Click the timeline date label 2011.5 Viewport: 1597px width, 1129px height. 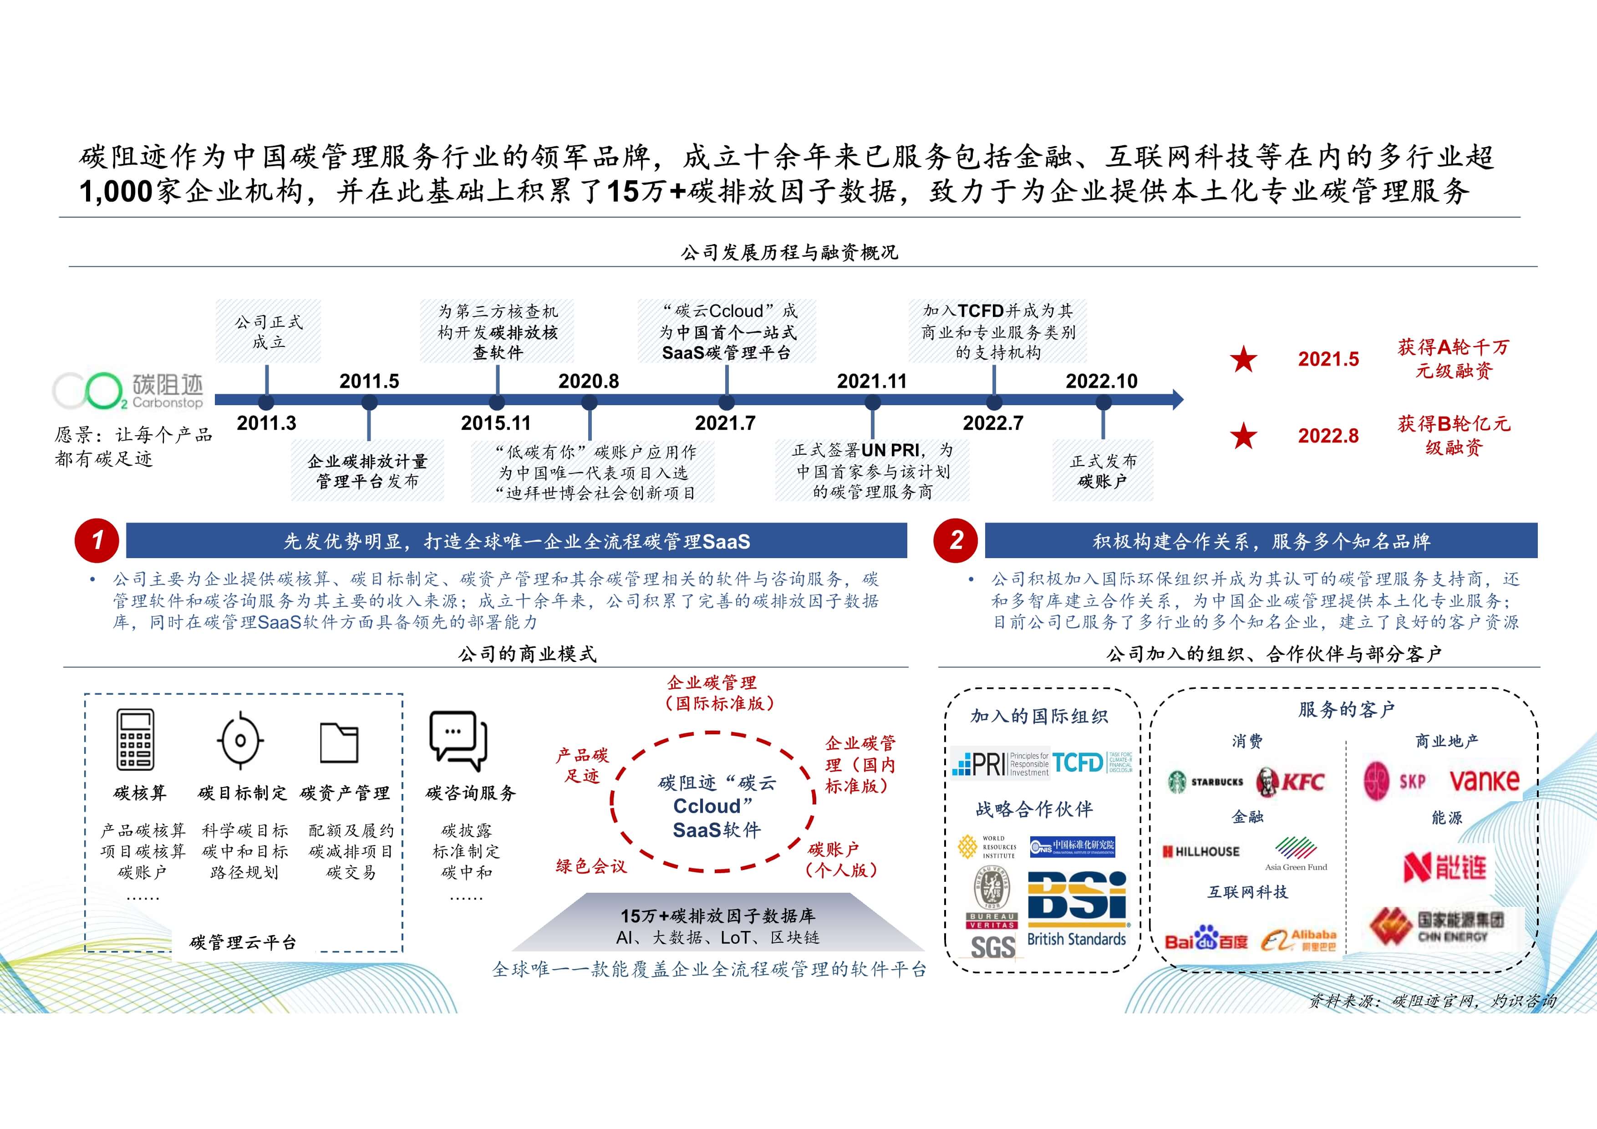(x=369, y=381)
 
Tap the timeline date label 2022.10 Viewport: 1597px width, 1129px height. (x=1101, y=381)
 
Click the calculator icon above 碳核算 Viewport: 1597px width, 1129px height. (x=135, y=739)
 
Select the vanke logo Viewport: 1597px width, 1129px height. (x=1484, y=780)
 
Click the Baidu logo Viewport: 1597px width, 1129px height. (x=1205, y=941)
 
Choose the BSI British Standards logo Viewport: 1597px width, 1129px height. (x=1077, y=909)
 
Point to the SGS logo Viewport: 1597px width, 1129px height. (x=992, y=947)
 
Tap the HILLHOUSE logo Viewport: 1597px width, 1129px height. (x=1201, y=851)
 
